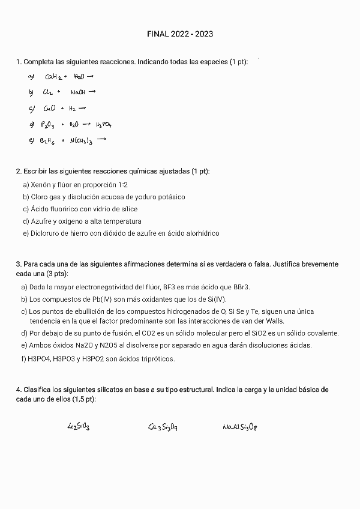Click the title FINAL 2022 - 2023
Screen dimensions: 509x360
[x=180, y=34]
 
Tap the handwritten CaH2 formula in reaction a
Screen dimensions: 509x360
[x=55, y=77]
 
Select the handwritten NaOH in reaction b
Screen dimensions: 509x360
[x=79, y=92]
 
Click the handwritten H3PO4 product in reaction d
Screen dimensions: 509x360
[x=104, y=125]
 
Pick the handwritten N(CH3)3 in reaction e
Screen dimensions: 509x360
[x=81, y=141]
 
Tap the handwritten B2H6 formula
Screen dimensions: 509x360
[x=48, y=141]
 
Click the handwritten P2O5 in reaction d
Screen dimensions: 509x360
[x=48, y=125]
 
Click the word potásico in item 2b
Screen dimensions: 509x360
[x=170, y=197]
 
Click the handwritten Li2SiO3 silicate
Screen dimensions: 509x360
[x=79, y=427]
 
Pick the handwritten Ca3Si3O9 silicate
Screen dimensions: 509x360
[x=163, y=427]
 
